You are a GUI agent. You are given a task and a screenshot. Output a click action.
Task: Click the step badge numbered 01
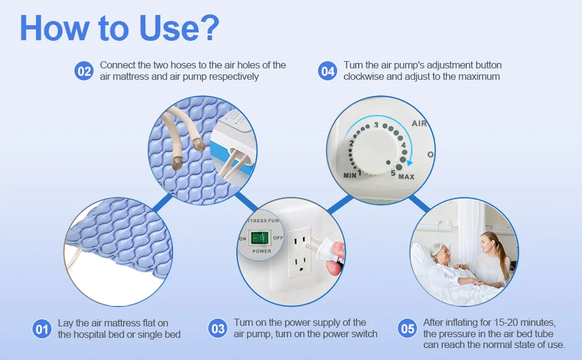click(41, 329)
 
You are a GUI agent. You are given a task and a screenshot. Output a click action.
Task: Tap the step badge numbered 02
click(84, 71)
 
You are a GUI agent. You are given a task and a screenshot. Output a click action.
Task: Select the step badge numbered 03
click(218, 328)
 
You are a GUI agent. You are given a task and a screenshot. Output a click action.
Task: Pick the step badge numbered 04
click(328, 71)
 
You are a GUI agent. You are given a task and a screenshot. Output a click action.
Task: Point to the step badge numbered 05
click(407, 328)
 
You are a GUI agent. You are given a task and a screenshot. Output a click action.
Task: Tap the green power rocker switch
click(260, 238)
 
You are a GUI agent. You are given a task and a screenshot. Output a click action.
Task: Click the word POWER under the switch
click(262, 251)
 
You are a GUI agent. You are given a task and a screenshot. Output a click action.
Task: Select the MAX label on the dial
click(406, 177)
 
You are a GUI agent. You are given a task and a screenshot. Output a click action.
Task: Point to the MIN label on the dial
click(350, 175)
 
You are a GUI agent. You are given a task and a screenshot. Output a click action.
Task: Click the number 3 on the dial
click(376, 125)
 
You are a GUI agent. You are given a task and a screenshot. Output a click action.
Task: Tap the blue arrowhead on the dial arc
click(409, 162)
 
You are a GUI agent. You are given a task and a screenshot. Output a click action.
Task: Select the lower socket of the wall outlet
click(301, 263)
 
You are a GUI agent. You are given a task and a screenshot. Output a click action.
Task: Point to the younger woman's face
click(485, 244)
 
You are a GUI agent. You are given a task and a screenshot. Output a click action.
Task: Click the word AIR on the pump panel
click(419, 123)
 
